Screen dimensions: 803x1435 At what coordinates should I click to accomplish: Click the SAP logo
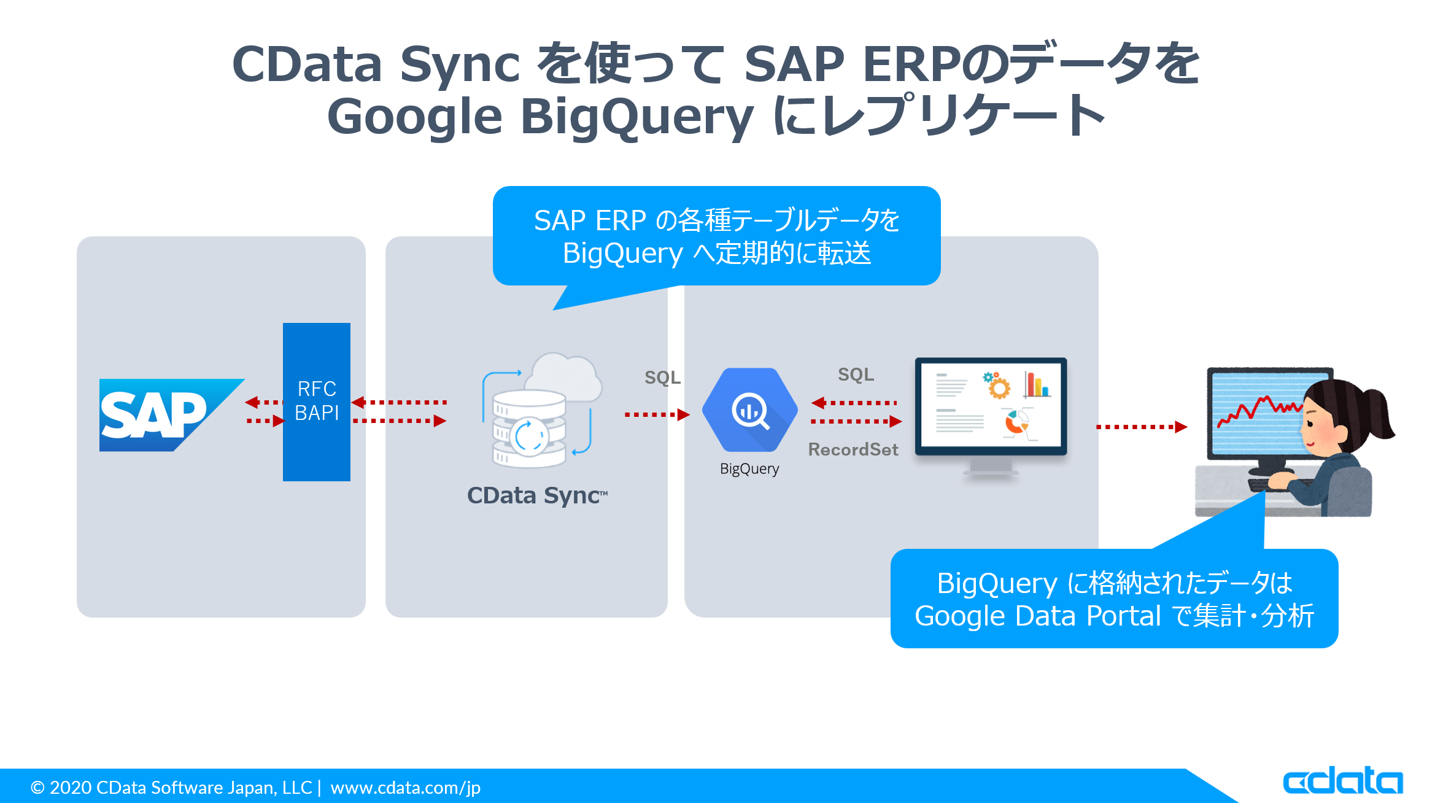point(161,414)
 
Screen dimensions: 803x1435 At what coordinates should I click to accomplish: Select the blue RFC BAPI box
point(317,401)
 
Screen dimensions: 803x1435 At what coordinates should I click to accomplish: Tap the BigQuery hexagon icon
point(749,410)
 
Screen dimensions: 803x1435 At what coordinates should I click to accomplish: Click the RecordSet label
point(853,449)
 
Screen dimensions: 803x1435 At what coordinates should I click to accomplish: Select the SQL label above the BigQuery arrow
point(662,377)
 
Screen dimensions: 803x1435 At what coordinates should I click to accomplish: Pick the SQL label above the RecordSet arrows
point(856,374)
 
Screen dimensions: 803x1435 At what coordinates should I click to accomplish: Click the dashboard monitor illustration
point(991,408)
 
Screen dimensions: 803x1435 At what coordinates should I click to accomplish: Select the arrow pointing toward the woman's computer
point(1141,427)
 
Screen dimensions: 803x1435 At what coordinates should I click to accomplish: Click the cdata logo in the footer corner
point(1342,780)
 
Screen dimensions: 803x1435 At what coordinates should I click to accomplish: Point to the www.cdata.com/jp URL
point(406,787)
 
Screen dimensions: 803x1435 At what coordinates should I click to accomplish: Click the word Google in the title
point(415,117)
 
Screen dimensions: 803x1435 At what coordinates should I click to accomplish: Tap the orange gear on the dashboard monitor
point(999,387)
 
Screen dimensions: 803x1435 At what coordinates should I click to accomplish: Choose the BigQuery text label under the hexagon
point(749,469)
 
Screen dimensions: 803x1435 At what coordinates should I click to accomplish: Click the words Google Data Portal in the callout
point(1037,616)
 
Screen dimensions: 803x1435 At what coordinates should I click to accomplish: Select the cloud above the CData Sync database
point(563,374)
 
